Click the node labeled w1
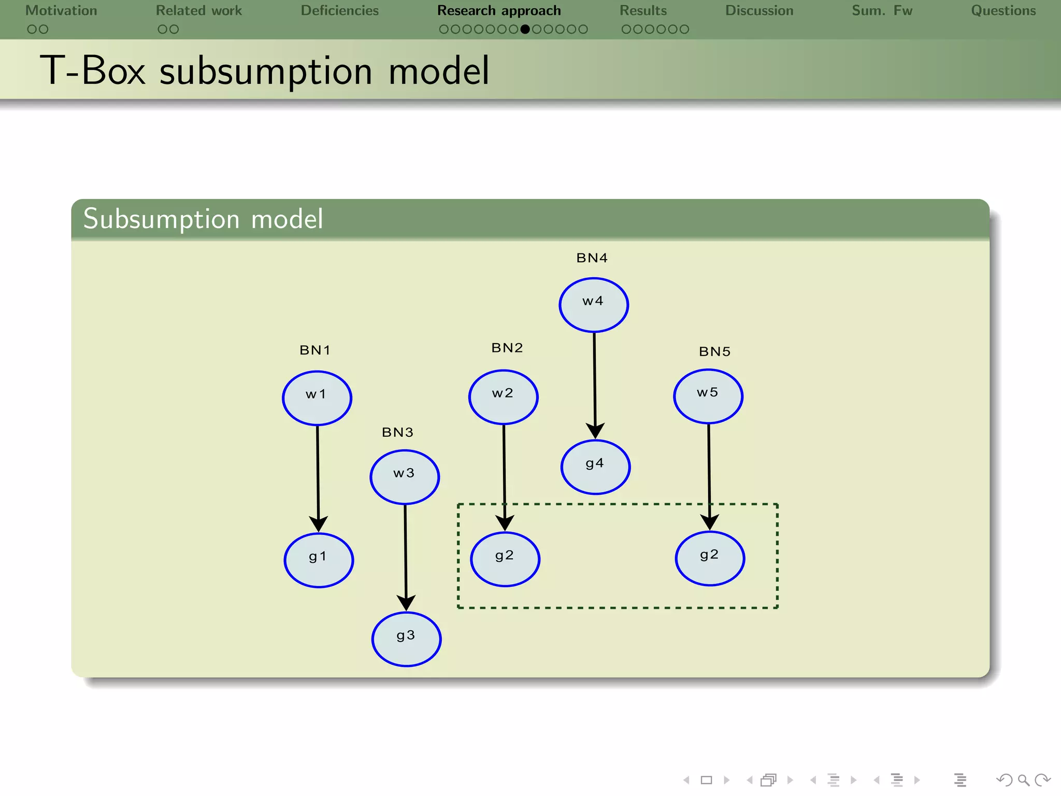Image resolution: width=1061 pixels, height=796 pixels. [317, 398]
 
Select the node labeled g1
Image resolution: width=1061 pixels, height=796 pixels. [319, 560]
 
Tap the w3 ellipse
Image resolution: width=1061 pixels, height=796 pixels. [405, 477]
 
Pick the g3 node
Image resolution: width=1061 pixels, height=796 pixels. [406, 639]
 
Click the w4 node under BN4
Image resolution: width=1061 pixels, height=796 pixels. [594, 305]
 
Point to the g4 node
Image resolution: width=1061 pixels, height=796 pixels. [595, 467]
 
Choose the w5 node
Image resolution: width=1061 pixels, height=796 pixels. [708, 396]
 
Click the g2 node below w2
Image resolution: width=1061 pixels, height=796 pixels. [505, 559]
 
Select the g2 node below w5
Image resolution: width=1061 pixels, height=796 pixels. [710, 558]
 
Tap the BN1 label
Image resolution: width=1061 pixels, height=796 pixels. [315, 350]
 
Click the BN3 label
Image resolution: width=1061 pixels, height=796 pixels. [397, 432]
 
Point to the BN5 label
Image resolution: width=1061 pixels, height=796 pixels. [714, 352]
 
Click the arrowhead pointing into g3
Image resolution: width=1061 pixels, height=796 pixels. [406, 603]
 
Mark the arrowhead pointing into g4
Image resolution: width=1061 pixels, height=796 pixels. [595, 430]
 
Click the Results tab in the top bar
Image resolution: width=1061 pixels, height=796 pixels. [643, 11]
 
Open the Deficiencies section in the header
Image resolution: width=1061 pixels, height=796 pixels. [339, 11]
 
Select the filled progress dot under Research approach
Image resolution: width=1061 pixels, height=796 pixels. [525, 30]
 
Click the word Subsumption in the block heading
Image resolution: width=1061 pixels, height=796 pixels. [161, 219]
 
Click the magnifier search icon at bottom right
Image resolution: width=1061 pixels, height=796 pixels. [1023, 780]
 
